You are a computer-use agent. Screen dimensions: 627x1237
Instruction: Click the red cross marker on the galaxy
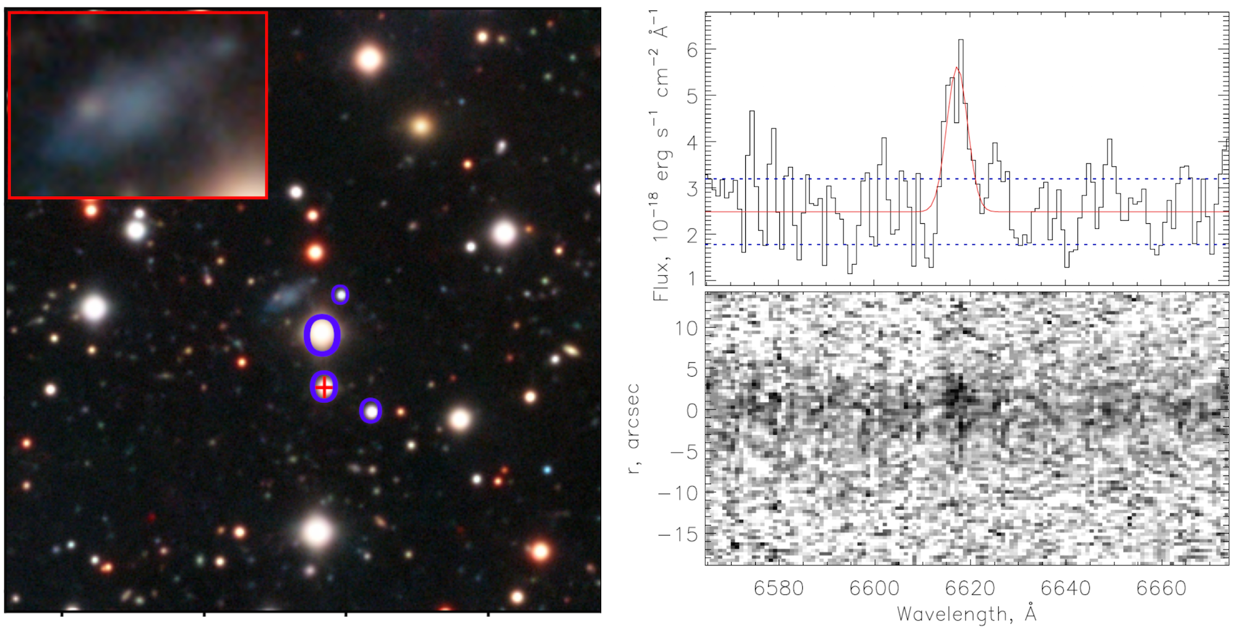tap(324, 388)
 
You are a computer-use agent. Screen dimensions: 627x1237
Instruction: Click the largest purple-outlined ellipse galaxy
tap(322, 335)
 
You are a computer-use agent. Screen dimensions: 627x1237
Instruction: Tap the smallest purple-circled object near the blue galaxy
tap(340, 295)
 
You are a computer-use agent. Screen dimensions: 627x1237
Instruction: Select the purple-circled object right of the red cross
tap(370, 411)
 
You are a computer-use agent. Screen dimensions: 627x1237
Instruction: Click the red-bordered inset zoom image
tap(138, 105)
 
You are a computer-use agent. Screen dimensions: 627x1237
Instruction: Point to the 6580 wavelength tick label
tap(778, 588)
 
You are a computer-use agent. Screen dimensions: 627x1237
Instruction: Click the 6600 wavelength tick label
tap(874, 588)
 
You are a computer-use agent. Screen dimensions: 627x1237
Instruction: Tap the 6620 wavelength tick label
tap(970, 588)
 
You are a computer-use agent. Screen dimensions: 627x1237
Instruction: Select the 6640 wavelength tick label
tap(1066, 588)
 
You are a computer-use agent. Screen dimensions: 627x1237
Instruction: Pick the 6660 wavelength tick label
tap(1161, 588)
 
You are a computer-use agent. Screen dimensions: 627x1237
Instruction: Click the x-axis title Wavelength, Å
tap(966, 614)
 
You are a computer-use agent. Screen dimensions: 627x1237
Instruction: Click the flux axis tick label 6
tap(692, 50)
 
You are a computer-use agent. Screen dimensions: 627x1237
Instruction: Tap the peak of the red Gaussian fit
tap(957, 67)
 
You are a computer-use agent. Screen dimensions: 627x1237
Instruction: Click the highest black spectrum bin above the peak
tap(961, 41)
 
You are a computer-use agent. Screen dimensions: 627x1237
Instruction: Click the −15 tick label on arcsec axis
tap(678, 534)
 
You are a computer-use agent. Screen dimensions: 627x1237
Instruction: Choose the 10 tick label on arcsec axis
tap(686, 328)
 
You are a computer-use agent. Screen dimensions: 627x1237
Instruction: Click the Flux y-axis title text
tap(661, 155)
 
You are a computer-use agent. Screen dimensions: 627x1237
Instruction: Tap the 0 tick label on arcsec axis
tap(692, 411)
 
